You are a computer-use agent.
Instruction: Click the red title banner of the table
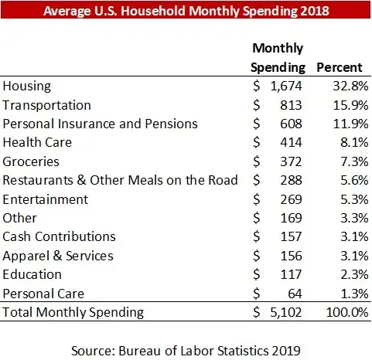tap(186, 12)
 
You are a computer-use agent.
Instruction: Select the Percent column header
tap(342, 67)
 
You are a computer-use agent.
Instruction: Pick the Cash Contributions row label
tap(60, 236)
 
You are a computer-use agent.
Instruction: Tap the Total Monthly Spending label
tap(73, 313)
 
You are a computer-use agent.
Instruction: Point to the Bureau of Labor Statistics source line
tap(186, 350)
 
